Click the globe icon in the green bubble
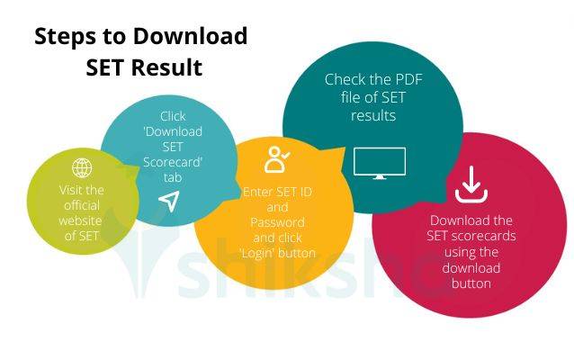coord(82,168)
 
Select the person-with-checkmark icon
coord(275,159)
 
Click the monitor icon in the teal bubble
coord(379,163)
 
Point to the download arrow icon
coord(471,184)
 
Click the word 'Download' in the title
coord(190,36)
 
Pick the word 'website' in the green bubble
coord(82,220)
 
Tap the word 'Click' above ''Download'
coord(173,116)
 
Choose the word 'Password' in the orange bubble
coord(277,222)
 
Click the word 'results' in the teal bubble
coord(373,116)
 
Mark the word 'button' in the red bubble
coord(471,283)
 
